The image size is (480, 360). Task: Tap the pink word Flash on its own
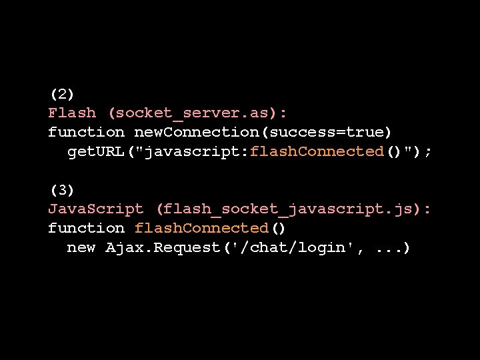[72, 113]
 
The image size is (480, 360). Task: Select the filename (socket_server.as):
[198, 113]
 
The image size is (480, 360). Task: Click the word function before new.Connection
[86, 133]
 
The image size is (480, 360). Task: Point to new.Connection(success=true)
[263, 133]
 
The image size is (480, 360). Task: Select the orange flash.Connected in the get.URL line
[317, 151]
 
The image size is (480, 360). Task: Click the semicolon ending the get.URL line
[428, 152]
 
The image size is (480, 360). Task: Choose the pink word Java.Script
[96, 209]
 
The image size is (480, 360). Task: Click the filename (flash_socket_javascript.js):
[293, 209]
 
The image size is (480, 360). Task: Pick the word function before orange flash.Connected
[86, 228]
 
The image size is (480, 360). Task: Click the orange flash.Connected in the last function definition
[201, 228]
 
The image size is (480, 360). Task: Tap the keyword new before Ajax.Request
[81, 247]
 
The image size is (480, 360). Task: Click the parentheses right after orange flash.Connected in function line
[278, 228]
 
